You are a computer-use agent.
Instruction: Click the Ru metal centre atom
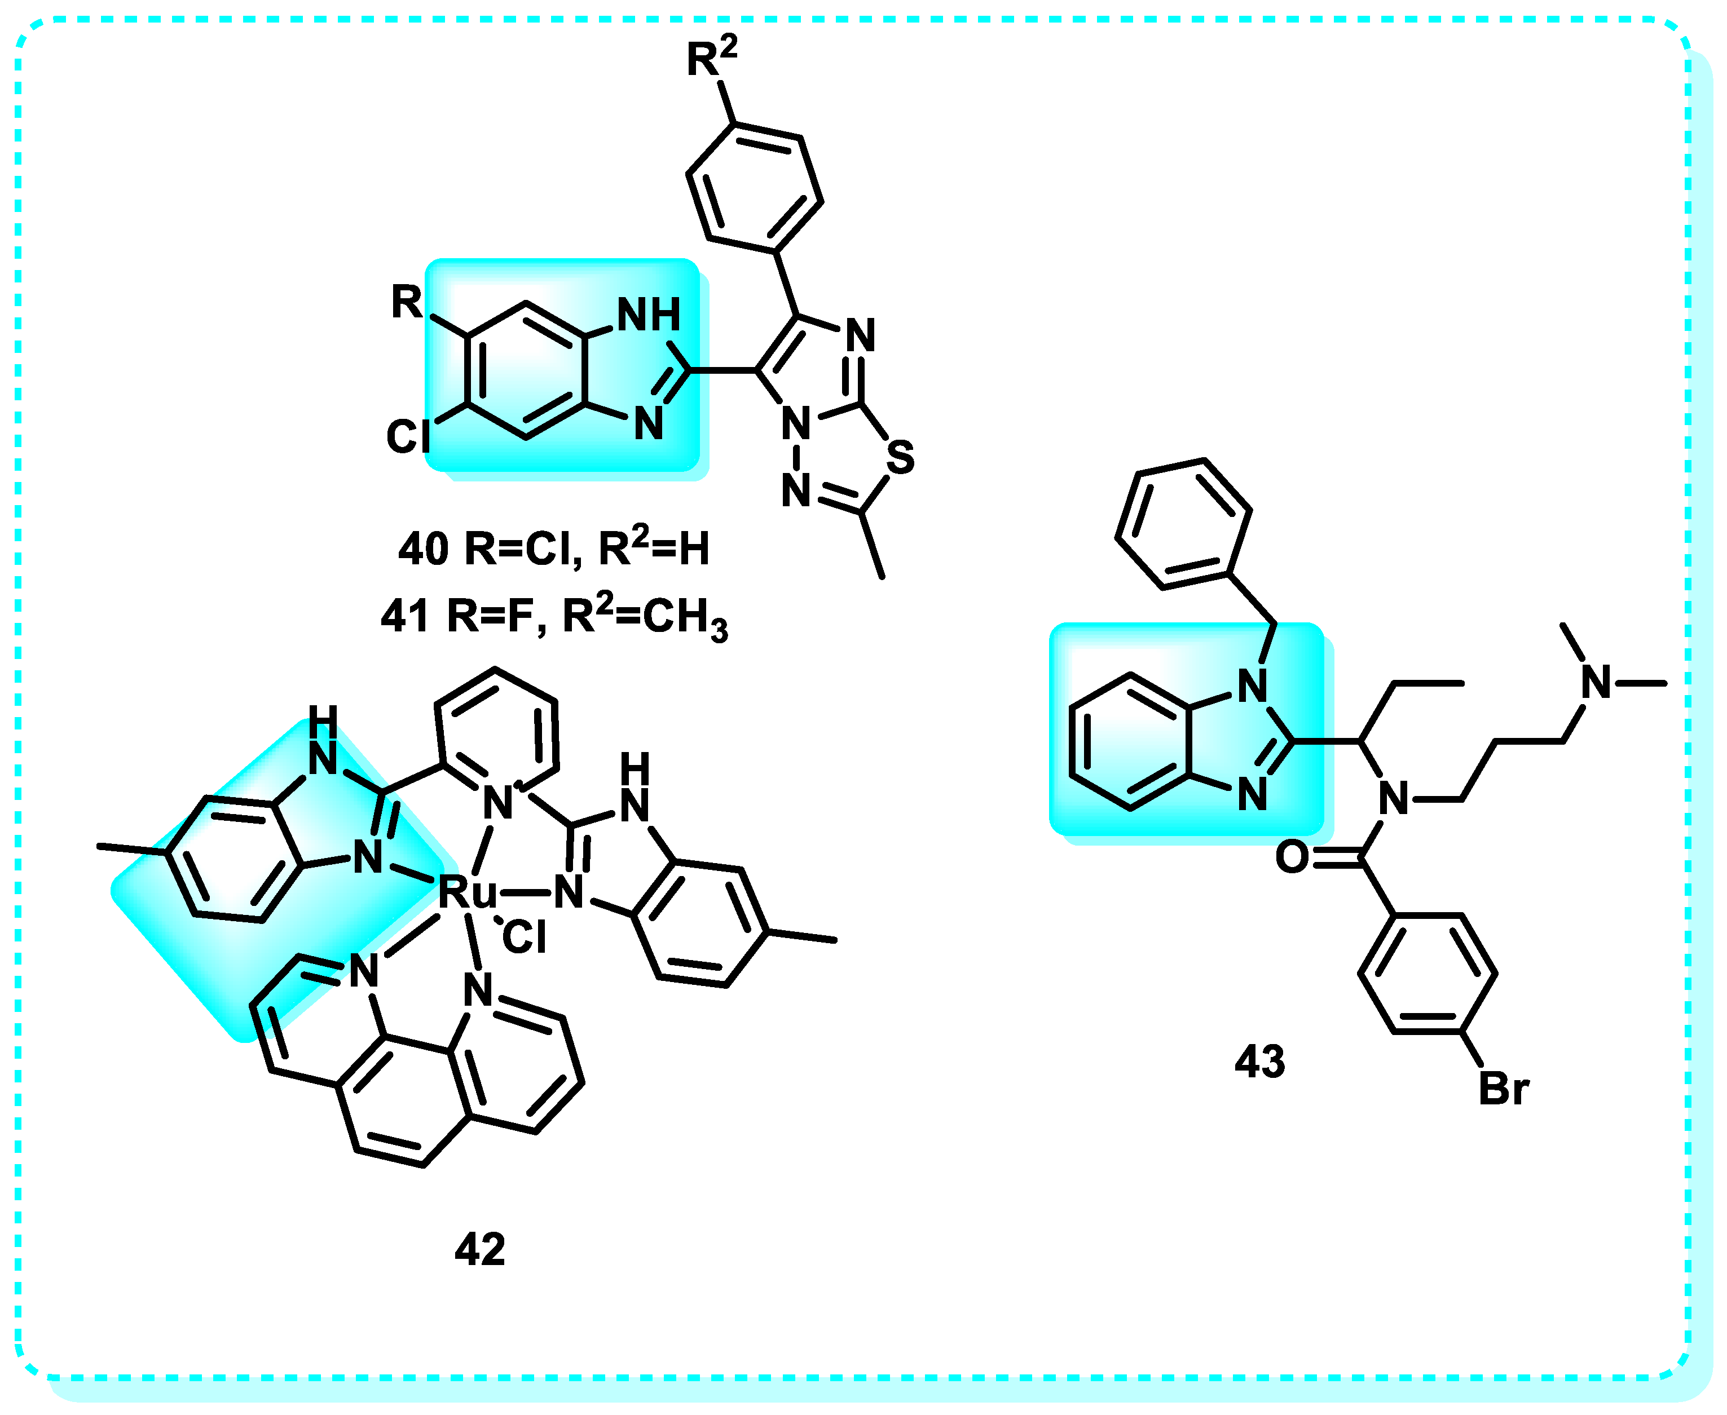tap(466, 892)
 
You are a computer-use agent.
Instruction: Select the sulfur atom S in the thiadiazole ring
tap(900, 457)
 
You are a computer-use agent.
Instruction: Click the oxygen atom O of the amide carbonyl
tap(1292, 857)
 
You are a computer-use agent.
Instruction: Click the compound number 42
tap(479, 1249)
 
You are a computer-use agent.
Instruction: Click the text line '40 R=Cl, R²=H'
tap(553, 548)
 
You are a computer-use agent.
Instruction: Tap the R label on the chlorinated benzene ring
tap(406, 302)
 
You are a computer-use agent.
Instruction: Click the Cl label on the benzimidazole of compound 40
tap(408, 437)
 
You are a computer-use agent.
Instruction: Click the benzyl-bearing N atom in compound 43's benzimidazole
tap(1253, 686)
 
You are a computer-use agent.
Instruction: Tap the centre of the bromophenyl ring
tap(1427, 973)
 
